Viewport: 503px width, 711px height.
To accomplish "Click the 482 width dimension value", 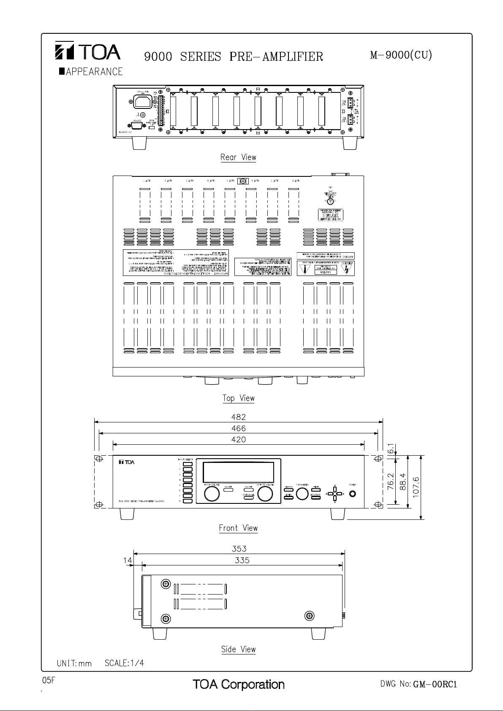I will [238, 417].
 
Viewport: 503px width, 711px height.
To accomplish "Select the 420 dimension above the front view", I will [238, 439].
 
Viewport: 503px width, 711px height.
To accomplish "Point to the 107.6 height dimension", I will [416, 487].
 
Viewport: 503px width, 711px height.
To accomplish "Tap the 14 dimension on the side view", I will [128, 560].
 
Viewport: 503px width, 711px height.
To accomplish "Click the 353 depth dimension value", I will [239, 549].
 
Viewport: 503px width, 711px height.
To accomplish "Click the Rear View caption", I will [238, 157].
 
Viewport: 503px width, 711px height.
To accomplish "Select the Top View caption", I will [238, 398].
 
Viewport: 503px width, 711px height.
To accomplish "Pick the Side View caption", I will [238, 649].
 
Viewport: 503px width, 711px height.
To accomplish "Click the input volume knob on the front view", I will [212, 494].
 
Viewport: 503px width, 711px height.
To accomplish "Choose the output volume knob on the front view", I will [265, 494].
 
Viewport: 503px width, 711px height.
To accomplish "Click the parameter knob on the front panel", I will [302, 494].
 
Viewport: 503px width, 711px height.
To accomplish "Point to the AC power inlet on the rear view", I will [143, 102].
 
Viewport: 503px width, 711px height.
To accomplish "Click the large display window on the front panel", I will [238, 472].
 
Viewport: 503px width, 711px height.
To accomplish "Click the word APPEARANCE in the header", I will [94, 72].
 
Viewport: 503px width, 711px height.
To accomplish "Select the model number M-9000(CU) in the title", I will [401, 55].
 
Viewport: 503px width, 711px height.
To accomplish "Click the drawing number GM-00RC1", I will [435, 684].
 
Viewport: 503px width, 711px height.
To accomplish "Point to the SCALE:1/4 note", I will [124, 663].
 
